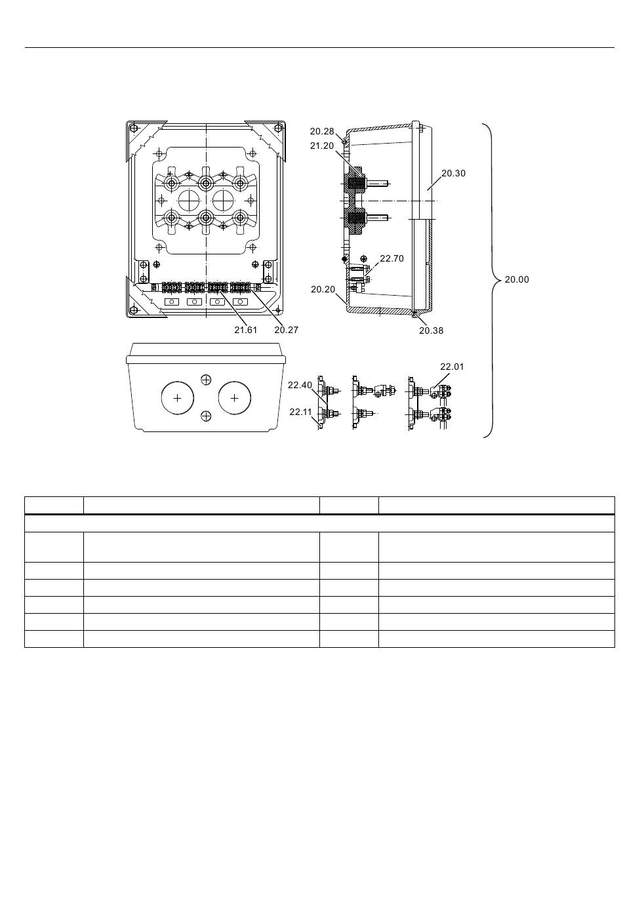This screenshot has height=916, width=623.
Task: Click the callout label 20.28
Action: pyautogui.click(x=322, y=131)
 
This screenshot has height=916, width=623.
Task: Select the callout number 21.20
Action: pyautogui.click(x=322, y=146)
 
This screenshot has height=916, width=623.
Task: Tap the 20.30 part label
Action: pyautogui.click(x=453, y=173)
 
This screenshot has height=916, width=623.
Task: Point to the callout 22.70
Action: pyautogui.click(x=392, y=258)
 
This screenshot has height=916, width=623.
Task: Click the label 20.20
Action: pyautogui.click(x=323, y=290)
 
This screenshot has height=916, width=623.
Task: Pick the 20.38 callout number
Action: pyautogui.click(x=431, y=330)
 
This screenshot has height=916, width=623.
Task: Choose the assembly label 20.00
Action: pyautogui.click(x=517, y=280)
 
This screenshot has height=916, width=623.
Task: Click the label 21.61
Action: pyautogui.click(x=245, y=330)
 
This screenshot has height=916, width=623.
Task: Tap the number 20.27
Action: pyautogui.click(x=287, y=330)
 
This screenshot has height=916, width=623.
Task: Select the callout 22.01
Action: pyautogui.click(x=452, y=367)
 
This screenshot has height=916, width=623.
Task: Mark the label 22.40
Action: pyautogui.click(x=300, y=385)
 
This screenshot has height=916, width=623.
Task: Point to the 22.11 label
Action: pyautogui.click(x=300, y=412)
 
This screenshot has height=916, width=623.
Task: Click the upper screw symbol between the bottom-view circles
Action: pyautogui.click(x=207, y=380)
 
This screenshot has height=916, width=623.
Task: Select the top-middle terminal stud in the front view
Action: pyautogui.click(x=206, y=182)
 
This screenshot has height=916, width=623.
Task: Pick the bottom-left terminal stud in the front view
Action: pyautogui.click(x=171, y=218)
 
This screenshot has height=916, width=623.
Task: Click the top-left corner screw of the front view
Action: pyautogui.click(x=133, y=129)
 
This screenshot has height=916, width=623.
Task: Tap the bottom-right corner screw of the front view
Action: pyautogui.click(x=278, y=310)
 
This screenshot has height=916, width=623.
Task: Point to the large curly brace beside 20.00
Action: pyautogui.click(x=492, y=281)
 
